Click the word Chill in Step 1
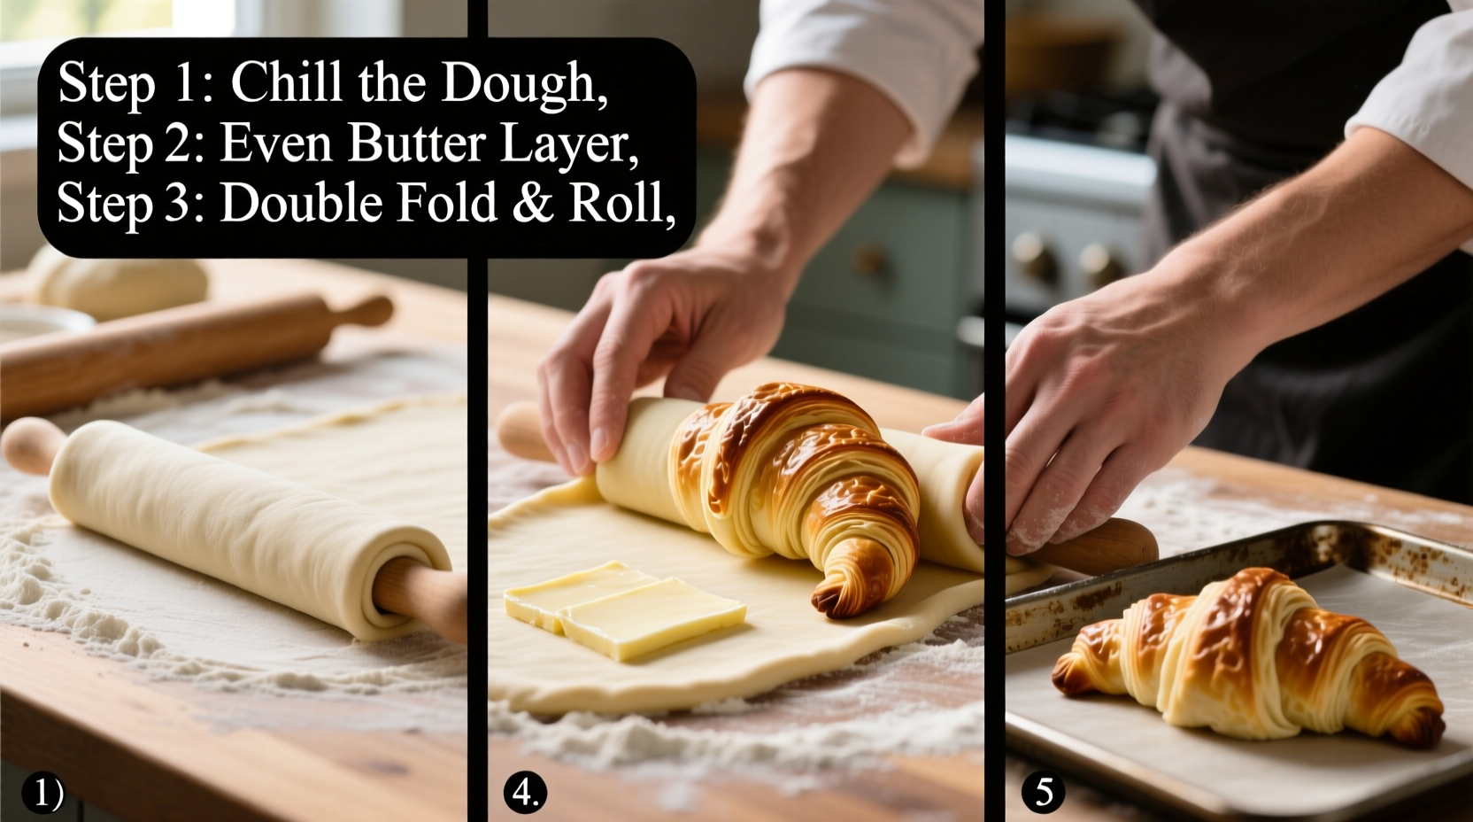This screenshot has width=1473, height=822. [x=286, y=82]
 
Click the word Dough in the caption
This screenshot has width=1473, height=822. [x=521, y=84]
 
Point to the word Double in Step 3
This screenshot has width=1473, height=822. [x=300, y=203]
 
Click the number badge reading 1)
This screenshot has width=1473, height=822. [x=43, y=792]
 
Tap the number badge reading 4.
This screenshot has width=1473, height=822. [x=525, y=792]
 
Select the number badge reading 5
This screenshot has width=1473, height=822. [x=1044, y=792]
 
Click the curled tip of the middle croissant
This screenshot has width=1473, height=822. [x=841, y=589]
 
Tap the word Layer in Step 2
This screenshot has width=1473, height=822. [x=567, y=144]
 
